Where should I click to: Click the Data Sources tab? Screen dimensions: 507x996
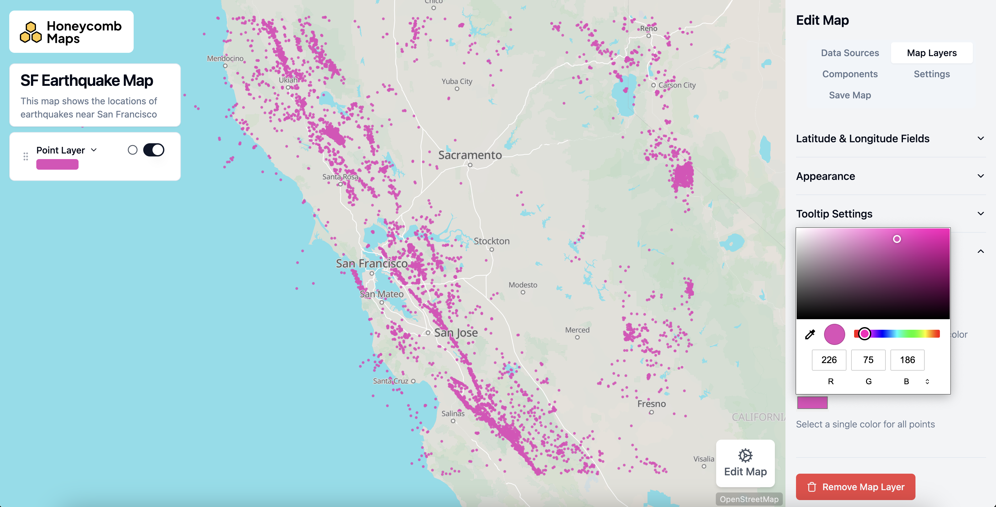tap(849, 53)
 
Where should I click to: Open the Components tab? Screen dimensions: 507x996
tap(849, 74)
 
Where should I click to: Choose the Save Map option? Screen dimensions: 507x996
tap(849, 95)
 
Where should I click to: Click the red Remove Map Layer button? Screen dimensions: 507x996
tap(855, 487)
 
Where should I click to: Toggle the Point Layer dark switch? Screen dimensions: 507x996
tap(153, 150)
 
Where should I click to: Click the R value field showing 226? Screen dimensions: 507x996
tap(829, 360)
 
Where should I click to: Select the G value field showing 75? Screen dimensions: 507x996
tap(868, 360)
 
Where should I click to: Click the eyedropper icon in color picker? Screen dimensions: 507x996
tap(810, 334)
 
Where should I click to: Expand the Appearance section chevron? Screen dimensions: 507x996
tap(980, 176)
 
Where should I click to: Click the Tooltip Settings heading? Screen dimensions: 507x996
tap(834, 214)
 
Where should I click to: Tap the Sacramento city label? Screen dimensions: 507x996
tap(470, 155)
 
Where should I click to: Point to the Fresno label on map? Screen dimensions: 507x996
tap(651, 404)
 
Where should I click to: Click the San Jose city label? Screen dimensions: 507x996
tap(455, 333)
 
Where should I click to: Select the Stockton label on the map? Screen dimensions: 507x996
tap(491, 241)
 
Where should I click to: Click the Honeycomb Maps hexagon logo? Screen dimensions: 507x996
tap(31, 32)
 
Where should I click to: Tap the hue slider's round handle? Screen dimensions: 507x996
tap(864, 334)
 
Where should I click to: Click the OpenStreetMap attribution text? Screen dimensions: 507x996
tap(748, 499)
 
